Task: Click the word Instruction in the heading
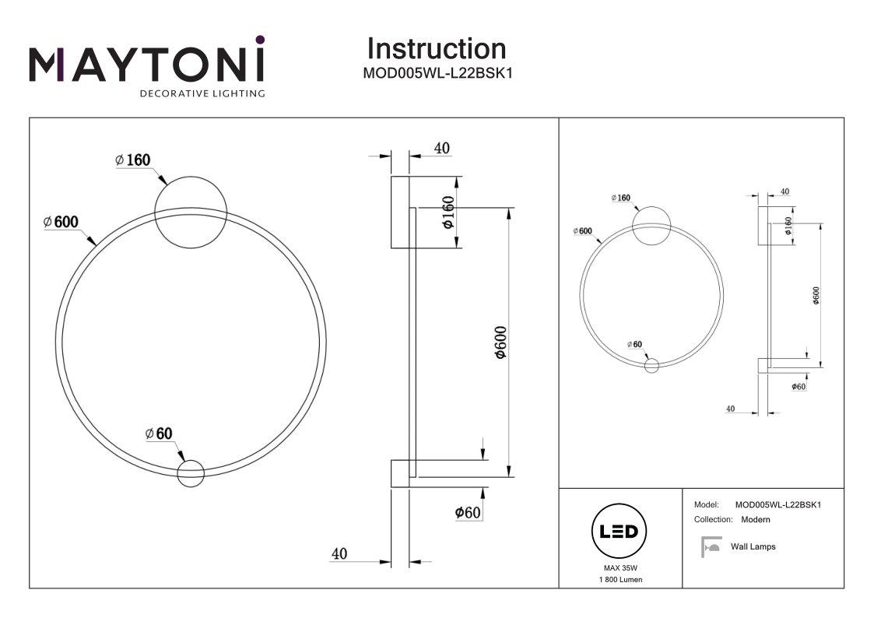pos(436,49)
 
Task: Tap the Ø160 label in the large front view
pos(132,160)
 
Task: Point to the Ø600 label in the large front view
pos(61,222)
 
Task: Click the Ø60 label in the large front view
pos(159,434)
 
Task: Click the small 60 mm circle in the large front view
pos(190,473)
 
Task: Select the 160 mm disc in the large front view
pos(191,213)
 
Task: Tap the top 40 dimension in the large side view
pos(442,149)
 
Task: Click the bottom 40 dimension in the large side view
pos(339,554)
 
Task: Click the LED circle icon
pos(620,532)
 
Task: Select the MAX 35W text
pos(620,569)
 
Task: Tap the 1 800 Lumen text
pos(620,580)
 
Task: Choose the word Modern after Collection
pos(755,519)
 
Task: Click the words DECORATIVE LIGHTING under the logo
pos(202,93)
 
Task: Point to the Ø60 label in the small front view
pos(634,344)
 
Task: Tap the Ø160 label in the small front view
pos(620,198)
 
